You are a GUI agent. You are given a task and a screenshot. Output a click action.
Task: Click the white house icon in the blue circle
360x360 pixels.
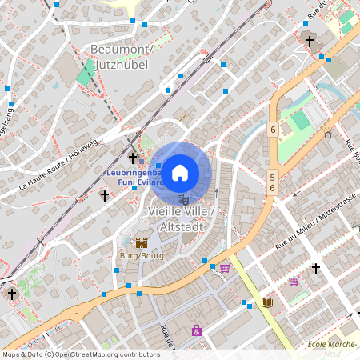pyautogui.click(x=180, y=172)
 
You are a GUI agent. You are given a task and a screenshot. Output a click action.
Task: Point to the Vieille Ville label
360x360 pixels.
pyautogui.click(x=178, y=210)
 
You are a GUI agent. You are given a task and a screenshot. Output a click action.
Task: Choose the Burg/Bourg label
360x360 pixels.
pyautogui.click(x=141, y=255)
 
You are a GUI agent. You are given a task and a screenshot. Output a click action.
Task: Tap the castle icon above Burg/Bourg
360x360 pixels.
pyautogui.click(x=142, y=243)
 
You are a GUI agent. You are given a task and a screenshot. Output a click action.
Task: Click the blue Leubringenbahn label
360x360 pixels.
pyautogui.click(x=134, y=173)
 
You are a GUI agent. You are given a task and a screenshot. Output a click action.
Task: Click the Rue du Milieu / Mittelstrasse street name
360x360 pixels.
pyautogui.click(x=314, y=222)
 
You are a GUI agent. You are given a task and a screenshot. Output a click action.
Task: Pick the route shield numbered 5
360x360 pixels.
pyautogui.click(x=272, y=178)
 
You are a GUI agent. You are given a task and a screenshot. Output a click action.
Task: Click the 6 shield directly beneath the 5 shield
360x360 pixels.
pyautogui.click(x=272, y=188)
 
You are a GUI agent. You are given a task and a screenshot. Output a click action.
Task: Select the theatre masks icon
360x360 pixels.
pyautogui.click(x=183, y=199)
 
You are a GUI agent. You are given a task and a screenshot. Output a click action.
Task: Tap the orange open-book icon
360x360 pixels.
pyautogui.click(x=266, y=302)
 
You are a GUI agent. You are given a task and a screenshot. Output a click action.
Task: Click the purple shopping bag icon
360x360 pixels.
pyautogui.click(x=196, y=330)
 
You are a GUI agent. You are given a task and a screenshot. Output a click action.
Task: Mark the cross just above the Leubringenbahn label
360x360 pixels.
pyautogui.click(x=133, y=158)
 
